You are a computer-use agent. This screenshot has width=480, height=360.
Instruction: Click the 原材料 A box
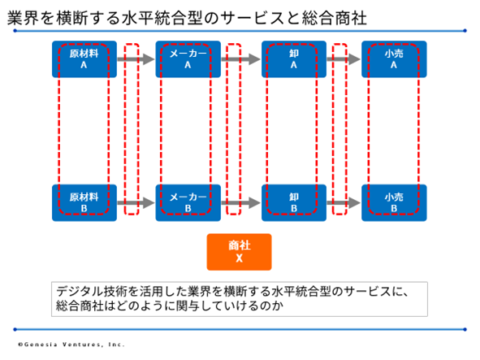[84, 59]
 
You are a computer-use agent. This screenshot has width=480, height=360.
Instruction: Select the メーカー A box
[188, 59]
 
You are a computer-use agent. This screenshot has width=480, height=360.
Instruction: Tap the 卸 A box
[294, 59]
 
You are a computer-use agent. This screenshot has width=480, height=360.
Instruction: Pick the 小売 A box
[394, 59]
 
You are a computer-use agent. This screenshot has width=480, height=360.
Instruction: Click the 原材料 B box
[84, 202]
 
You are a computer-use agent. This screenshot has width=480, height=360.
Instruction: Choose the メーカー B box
[188, 202]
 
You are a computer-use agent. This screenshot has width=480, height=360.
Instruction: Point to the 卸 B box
[294, 202]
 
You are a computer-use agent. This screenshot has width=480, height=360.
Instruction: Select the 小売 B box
[394, 202]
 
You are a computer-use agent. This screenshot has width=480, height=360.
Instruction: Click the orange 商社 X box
[239, 252]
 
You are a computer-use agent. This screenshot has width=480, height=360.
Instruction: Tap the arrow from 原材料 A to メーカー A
[136, 59]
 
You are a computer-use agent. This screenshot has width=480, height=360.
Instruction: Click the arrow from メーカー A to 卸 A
[240, 59]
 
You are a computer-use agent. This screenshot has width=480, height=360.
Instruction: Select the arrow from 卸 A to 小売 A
[344, 59]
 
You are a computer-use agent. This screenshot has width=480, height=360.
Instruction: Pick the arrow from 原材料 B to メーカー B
[136, 202]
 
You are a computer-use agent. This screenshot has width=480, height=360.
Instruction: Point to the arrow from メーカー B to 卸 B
[240, 202]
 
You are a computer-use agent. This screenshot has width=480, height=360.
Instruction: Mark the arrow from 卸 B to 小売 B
[344, 202]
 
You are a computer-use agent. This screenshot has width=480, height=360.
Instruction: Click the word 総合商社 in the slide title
[334, 18]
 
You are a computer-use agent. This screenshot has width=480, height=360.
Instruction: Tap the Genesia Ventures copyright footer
[71, 345]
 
